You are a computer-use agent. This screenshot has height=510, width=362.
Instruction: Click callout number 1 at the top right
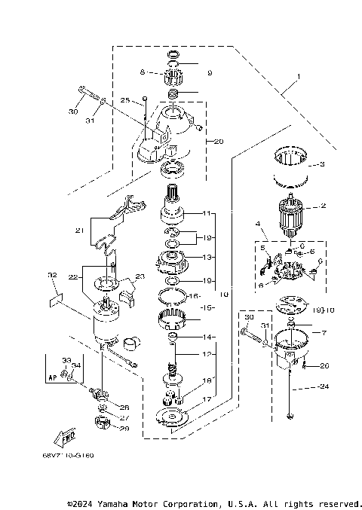pos(298,77)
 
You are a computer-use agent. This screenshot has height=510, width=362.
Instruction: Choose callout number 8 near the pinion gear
pos(141,72)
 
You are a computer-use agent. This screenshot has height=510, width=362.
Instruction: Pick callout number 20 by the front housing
pos(219,141)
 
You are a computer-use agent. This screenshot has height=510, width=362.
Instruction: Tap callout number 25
pos(125,99)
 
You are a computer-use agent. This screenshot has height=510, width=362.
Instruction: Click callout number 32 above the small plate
pos(51,276)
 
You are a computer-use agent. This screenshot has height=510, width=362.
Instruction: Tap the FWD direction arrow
pos(64,439)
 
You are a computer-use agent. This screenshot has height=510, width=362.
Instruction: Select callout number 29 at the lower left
pos(125,428)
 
